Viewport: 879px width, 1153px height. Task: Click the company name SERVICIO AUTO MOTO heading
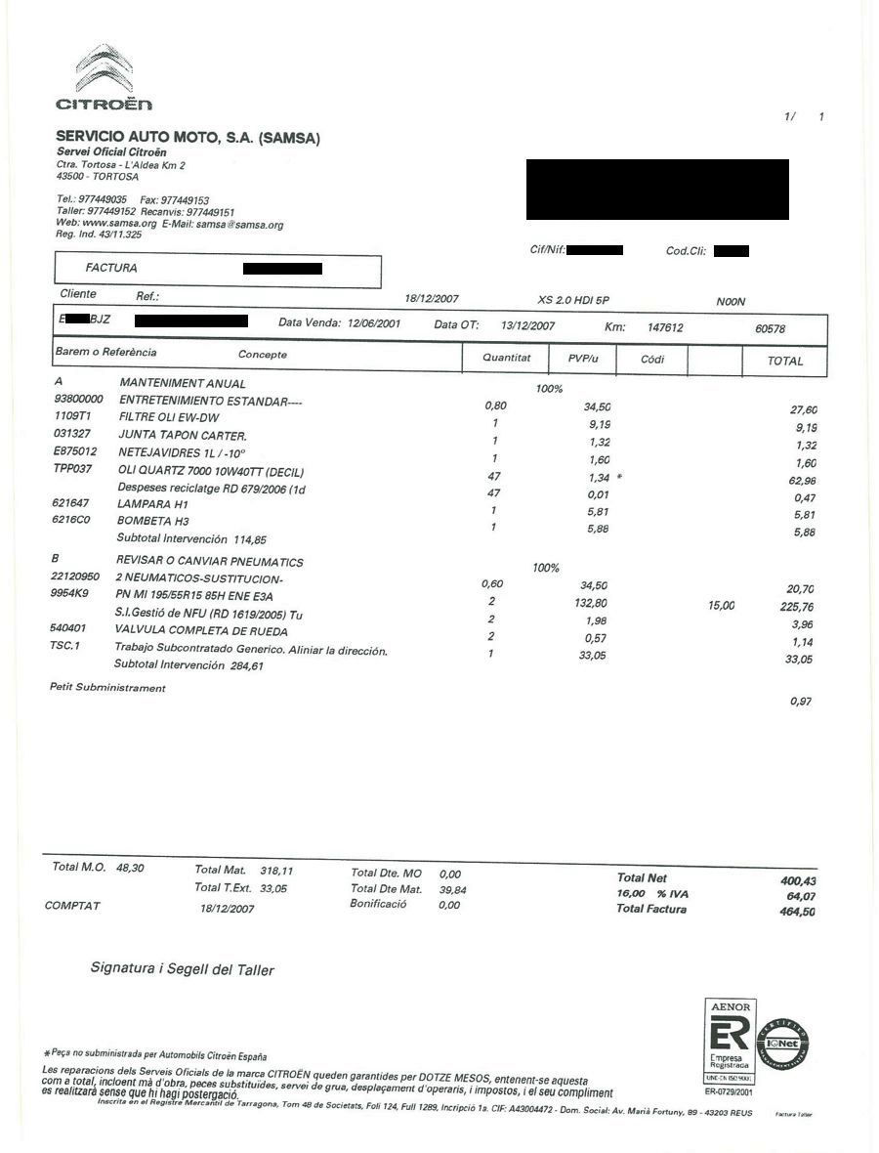188,138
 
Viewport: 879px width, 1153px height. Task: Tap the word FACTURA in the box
111,268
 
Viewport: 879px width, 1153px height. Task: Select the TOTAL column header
784,361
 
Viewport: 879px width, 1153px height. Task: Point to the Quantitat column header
507,359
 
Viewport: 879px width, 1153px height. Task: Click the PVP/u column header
583,359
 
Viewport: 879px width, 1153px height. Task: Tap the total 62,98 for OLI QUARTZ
800,481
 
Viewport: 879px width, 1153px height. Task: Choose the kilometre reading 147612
665,328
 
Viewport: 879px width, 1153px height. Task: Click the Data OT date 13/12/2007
527,325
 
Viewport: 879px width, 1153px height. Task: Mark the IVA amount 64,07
800,896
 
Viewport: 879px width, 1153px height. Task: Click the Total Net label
642,878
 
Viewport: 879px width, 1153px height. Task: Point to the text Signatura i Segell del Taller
183,969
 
